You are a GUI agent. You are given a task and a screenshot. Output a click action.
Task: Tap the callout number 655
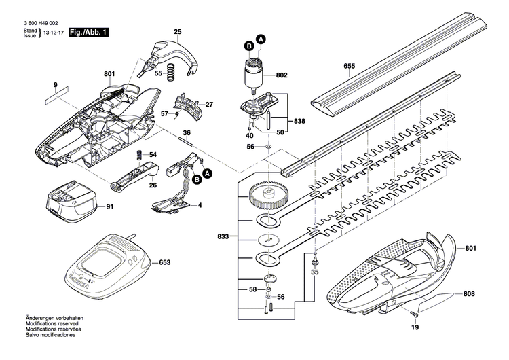tap(350, 66)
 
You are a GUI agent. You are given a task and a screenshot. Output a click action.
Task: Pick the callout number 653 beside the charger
tap(164, 261)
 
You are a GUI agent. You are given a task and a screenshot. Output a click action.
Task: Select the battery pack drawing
tap(69, 202)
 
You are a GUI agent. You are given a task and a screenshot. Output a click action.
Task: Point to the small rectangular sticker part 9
tap(57, 97)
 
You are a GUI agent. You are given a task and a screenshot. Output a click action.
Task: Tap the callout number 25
tap(178, 32)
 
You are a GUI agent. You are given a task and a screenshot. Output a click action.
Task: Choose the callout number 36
tap(187, 132)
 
